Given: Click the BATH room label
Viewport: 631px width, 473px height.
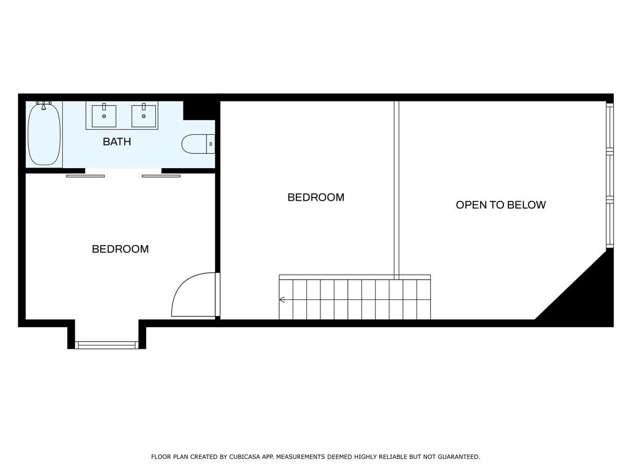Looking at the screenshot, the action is pyautogui.click(x=116, y=142).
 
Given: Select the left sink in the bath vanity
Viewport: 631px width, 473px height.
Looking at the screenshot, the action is pyautogui.click(x=104, y=116).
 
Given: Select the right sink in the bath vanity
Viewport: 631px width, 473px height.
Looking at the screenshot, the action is pyautogui.click(x=144, y=116).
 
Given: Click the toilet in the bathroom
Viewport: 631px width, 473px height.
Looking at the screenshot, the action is pyautogui.click(x=198, y=144).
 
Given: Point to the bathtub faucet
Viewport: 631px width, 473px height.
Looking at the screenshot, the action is pyautogui.click(x=44, y=105).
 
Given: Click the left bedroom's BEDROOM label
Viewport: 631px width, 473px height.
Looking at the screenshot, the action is pyautogui.click(x=120, y=249).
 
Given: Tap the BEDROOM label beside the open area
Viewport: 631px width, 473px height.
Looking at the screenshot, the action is pyautogui.click(x=316, y=198).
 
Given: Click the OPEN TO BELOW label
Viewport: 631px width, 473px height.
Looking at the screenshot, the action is pyautogui.click(x=500, y=204).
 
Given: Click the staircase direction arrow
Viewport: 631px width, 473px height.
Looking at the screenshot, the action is pyautogui.click(x=282, y=299).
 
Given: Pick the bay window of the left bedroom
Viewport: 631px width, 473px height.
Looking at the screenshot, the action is pyautogui.click(x=107, y=345).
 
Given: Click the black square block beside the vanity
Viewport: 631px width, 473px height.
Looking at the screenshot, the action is pyautogui.click(x=199, y=110).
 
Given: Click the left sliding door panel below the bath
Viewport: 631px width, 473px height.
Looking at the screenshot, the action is pyautogui.click(x=85, y=176).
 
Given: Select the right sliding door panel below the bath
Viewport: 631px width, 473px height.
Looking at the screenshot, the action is pyautogui.click(x=161, y=176).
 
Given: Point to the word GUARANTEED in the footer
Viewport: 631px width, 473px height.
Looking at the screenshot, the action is pyautogui.click(x=458, y=457).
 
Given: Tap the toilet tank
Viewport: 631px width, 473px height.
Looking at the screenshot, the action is pyautogui.click(x=211, y=144).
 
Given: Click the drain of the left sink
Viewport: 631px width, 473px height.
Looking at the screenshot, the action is pyautogui.click(x=104, y=116).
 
